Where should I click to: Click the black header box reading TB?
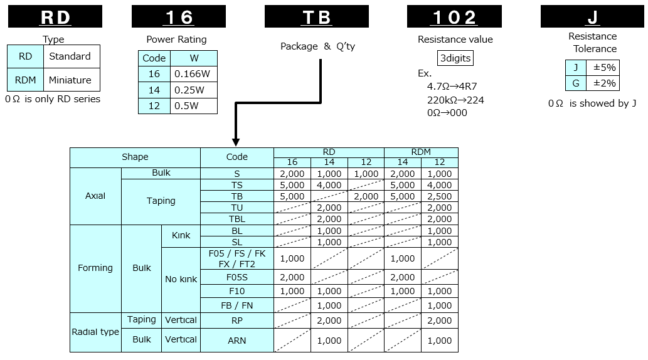[317, 16]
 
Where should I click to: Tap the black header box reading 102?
[454, 16]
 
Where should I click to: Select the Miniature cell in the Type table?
[72, 80]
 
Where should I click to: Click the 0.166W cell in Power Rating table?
[193, 74]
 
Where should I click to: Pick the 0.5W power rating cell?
[193, 106]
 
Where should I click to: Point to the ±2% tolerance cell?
[603, 83]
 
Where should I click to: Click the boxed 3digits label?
[455, 58]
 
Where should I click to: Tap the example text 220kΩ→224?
[455, 100]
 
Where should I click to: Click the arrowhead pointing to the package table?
[236, 142]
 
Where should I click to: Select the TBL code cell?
[236, 219]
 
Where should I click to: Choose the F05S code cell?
[236, 277]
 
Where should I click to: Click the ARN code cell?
[236, 341]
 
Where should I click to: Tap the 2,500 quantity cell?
[439, 196]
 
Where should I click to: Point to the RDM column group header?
[421, 152]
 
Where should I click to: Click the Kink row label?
[181, 236]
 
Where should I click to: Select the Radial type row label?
[95, 332]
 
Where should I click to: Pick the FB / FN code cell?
[236, 305]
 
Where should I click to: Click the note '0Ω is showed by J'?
[592, 103]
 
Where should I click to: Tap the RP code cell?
[236, 320]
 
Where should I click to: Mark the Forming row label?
[95, 268]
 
